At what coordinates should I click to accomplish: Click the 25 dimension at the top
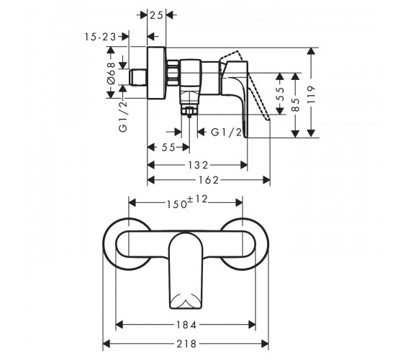pos(157,15)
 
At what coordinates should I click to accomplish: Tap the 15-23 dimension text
pos(101,37)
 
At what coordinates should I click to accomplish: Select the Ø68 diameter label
pos(112,73)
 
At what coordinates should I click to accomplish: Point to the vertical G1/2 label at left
pos(123,117)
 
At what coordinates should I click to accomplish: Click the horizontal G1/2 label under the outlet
pos(227,132)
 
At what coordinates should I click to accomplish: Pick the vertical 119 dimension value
pos(311,94)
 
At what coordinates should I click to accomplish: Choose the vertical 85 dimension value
pos(296,104)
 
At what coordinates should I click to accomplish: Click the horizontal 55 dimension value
pos(168,148)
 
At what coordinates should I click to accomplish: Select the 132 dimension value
pos(198,165)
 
